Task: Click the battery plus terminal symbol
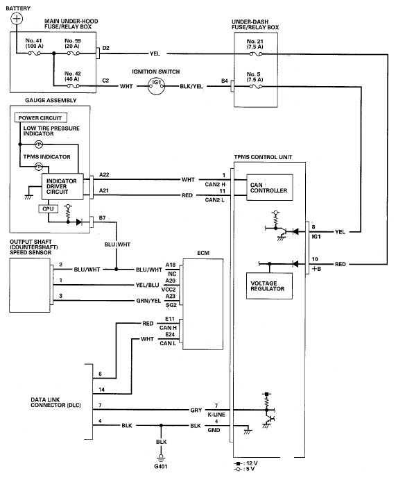coord(17,19)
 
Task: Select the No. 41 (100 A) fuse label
coord(34,43)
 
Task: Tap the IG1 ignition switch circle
coord(156,86)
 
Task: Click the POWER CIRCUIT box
coord(41,118)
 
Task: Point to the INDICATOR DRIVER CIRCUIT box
coord(62,186)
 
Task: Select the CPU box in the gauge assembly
coord(48,209)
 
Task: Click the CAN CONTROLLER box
coord(270,188)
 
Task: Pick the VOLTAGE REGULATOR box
coord(269,286)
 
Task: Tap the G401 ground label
coord(161,467)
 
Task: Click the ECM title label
coord(203,253)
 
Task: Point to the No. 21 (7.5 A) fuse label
coord(255,44)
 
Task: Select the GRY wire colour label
coord(196,411)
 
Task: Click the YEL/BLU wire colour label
coord(147,285)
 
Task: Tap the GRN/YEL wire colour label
coord(148,301)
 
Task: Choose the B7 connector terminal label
coord(103,218)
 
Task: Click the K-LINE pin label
coord(216,415)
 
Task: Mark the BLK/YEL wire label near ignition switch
coord(191,86)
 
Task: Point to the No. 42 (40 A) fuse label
coord(72,76)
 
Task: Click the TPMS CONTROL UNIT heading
coord(263,157)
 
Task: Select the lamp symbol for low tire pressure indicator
coord(39,144)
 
